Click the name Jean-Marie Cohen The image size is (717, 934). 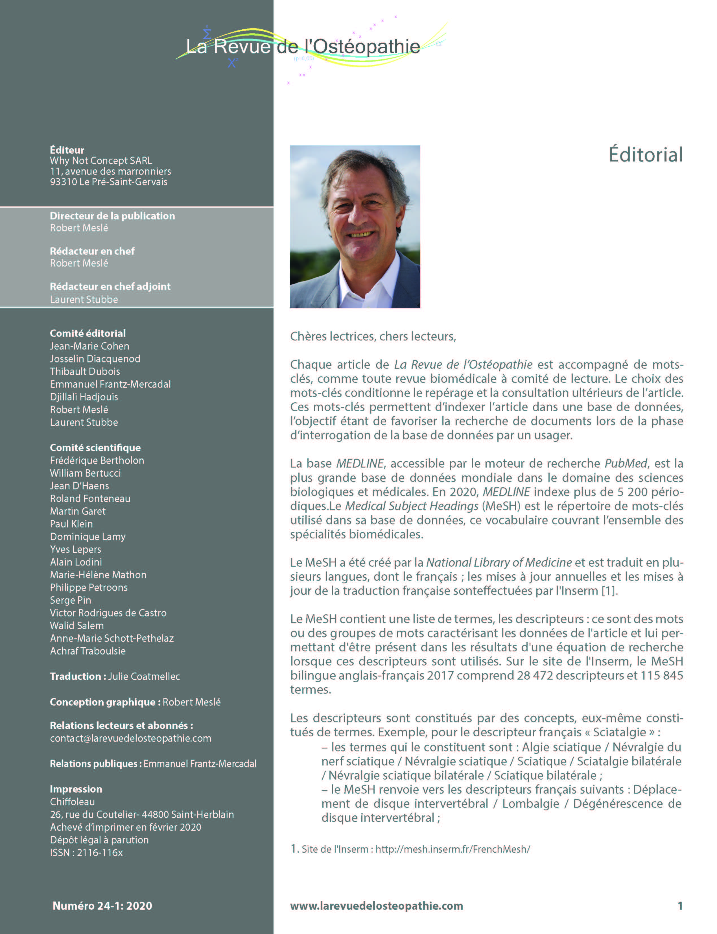pos(89,346)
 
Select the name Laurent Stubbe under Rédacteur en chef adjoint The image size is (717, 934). pos(84,299)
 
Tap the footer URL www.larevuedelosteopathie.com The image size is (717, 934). pos(377,906)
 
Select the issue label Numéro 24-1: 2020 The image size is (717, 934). pos(102,906)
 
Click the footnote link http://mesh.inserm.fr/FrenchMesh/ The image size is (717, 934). pos(453,849)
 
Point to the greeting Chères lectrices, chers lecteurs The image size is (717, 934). pos(373,336)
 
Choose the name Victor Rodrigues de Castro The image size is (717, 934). pos(108,613)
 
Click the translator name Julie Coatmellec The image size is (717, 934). pos(144,677)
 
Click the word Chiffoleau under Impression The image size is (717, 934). pos(72,802)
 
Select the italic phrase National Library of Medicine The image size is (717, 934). pos(499,563)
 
